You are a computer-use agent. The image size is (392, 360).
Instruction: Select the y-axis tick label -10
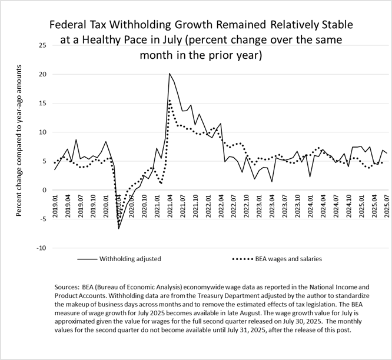[x=40, y=248]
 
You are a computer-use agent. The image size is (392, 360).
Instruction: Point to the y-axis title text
[x=19, y=132]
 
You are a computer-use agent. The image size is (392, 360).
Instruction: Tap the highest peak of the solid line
[x=170, y=74]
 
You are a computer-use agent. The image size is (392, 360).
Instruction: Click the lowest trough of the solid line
[x=119, y=228]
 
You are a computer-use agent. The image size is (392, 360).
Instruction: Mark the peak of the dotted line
[x=170, y=100]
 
